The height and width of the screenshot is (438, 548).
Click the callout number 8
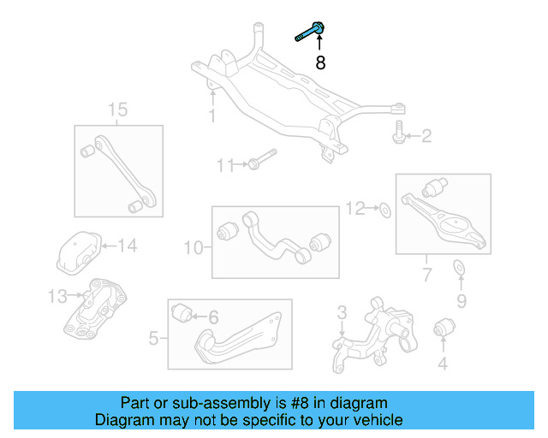pyautogui.click(x=321, y=62)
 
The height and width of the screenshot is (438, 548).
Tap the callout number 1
pyautogui.click(x=211, y=115)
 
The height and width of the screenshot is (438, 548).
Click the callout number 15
pyautogui.click(x=117, y=109)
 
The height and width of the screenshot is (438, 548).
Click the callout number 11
pyautogui.click(x=224, y=165)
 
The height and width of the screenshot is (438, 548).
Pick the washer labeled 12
pyautogui.click(x=384, y=208)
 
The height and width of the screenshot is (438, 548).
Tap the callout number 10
pyautogui.click(x=194, y=248)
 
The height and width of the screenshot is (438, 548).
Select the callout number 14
pyautogui.click(x=126, y=246)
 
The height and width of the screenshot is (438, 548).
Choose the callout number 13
pyautogui.click(x=57, y=297)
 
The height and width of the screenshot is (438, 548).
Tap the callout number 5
pyautogui.click(x=153, y=339)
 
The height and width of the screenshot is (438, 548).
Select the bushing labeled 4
pyautogui.click(x=444, y=326)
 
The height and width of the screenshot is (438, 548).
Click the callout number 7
pyautogui.click(x=426, y=275)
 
